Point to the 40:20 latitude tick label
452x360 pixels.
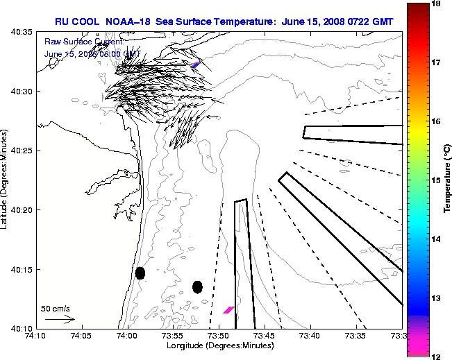point(22,210)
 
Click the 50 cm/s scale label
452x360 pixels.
point(56,309)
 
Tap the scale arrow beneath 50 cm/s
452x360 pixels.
point(59,320)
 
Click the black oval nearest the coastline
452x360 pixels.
point(140,273)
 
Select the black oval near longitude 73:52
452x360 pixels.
point(197,286)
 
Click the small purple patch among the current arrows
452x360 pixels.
point(196,65)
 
